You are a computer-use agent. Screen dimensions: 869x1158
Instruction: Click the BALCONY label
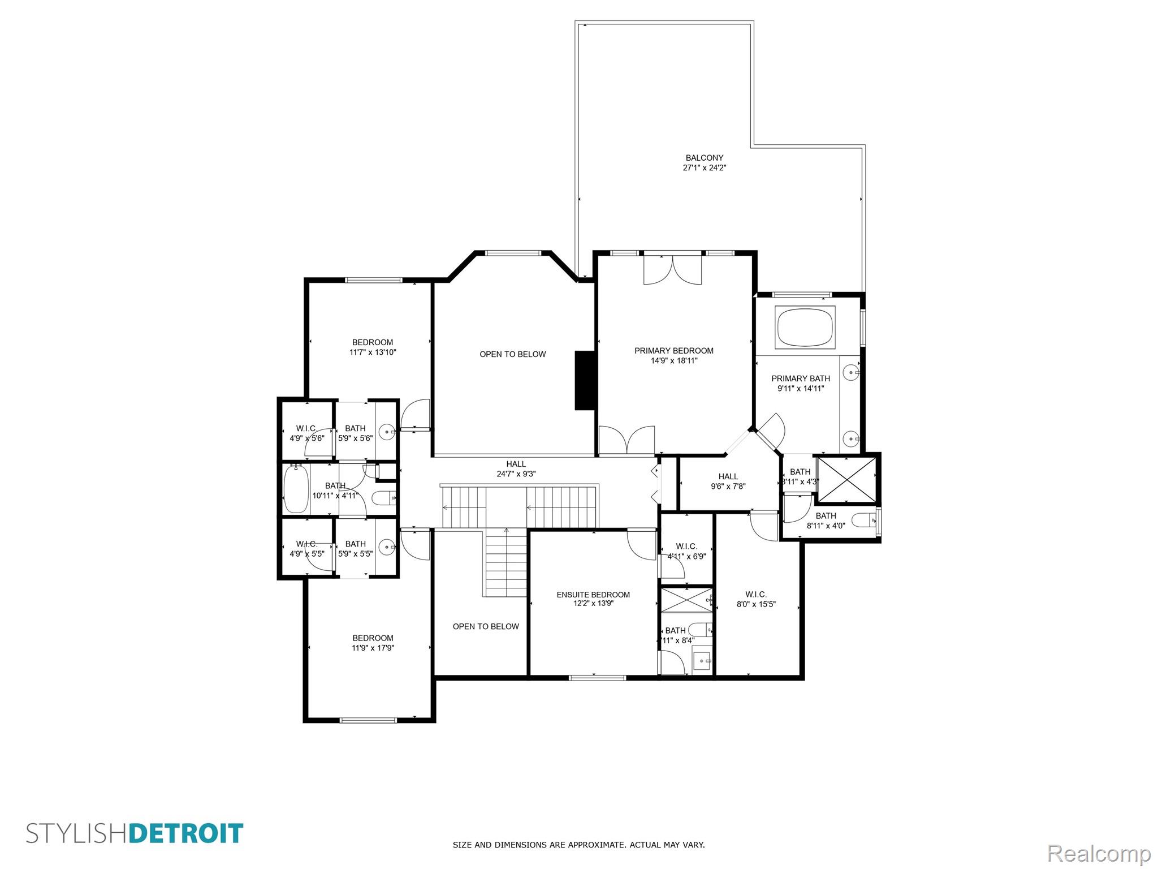pos(704,163)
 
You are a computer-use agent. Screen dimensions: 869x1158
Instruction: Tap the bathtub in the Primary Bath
pos(805,327)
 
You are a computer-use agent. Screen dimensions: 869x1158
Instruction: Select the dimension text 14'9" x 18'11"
pos(674,360)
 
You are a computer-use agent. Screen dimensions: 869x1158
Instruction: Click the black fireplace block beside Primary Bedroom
pos(585,380)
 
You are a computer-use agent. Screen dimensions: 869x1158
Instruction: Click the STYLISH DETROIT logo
pos(135,833)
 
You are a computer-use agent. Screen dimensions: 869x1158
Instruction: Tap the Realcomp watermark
pos(1099,853)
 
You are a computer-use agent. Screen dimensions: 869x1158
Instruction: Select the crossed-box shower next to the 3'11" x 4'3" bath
pos(847,478)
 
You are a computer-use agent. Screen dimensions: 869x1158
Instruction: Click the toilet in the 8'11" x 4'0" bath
pos(863,519)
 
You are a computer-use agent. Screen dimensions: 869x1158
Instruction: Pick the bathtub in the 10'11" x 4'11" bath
pos(296,488)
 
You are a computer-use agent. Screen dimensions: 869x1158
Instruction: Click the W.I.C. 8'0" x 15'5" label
pos(755,599)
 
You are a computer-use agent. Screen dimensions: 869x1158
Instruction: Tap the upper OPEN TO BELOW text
pos(513,354)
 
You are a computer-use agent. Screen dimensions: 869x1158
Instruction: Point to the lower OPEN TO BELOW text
pos(486,626)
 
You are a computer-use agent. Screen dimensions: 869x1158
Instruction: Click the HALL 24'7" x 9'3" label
pos(516,469)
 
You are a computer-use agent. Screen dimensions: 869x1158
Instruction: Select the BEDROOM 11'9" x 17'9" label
pos(373,643)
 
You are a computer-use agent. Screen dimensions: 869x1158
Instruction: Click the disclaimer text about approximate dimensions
pos(578,845)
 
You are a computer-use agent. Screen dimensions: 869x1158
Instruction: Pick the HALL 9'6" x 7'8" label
pos(728,481)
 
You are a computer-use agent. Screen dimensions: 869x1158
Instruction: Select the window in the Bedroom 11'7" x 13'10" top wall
pos(374,279)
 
